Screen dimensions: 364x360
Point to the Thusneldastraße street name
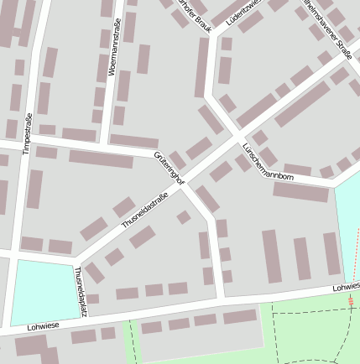pos(144,211)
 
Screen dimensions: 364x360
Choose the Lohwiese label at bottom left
pos(44,325)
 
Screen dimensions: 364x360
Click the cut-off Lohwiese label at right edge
pos(346,287)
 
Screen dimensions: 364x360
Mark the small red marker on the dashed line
pos(350,299)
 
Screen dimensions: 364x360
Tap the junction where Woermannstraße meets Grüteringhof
pos(106,148)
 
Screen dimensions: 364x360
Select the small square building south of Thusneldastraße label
pos(183,217)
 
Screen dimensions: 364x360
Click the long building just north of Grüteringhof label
pos(133,141)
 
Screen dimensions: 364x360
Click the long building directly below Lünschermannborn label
pos(300,192)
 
